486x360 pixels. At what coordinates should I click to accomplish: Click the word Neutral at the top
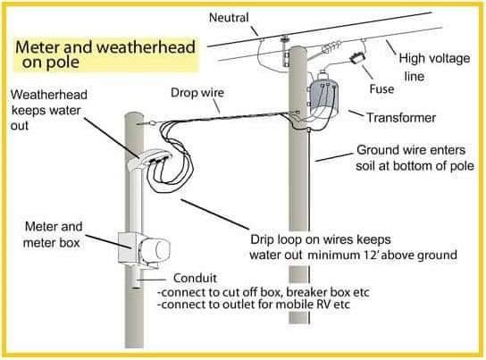[x=229, y=17]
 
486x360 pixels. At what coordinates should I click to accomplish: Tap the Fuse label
[x=381, y=89]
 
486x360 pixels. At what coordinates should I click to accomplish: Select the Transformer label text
[x=401, y=118]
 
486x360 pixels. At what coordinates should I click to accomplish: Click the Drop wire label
[x=197, y=93]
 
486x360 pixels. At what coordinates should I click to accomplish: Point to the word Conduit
[x=195, y=278]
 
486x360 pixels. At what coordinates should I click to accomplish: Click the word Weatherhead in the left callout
[x=49, y=95]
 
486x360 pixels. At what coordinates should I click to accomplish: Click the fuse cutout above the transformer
[x=357, y=58]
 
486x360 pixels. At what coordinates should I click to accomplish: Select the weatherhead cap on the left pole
[x=149, y=159]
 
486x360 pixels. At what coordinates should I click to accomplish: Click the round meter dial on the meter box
[x=161, y=249]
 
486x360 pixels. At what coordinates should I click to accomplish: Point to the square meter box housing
[x=128, y=247]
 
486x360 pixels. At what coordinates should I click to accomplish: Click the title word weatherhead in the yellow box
[x=146, y=47]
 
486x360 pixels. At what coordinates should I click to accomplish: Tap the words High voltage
[x=434, y=58]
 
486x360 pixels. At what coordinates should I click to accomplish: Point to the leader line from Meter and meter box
[x=108, y=241]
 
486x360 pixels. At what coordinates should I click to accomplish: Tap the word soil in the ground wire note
[x=365, y=166]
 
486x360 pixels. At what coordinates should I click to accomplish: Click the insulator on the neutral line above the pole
[x=284, y=39]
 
